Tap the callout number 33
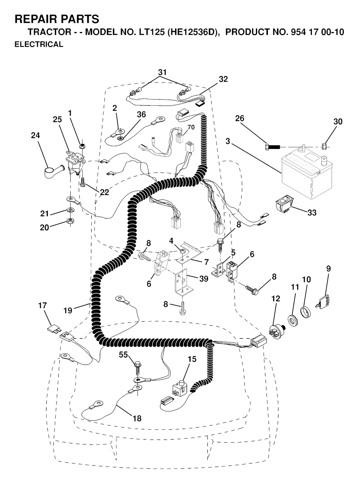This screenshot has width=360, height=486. [312, 212]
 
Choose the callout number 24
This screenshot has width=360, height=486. [36, 135]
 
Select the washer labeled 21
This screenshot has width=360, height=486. [71, 211]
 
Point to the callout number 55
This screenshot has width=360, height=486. [123, 355]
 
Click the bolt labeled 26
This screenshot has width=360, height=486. [272, 146]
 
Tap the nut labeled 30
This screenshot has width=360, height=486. [325, 145]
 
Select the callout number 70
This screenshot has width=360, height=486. [191, 127]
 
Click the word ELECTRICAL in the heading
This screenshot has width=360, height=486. [39, 45]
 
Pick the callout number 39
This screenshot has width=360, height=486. [204, 278]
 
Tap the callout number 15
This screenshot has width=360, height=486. [192, 359]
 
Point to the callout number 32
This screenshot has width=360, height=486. [223, 79]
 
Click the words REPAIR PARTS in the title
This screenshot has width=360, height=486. [57, 19]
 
